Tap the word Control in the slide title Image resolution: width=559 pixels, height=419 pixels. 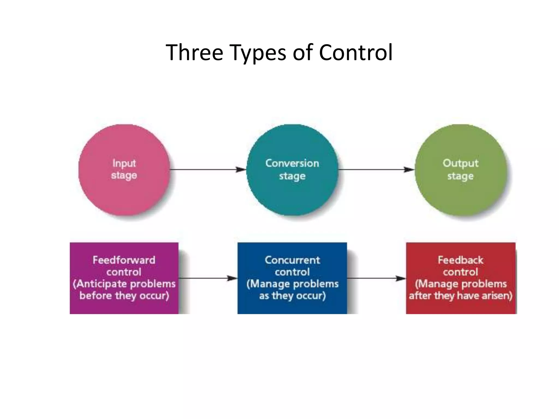(x=356, y=52)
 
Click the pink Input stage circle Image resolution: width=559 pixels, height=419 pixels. (x=124, y=191)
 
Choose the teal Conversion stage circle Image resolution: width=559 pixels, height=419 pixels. (x=292, y=194)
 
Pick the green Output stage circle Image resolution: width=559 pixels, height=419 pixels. (x=461, y=194)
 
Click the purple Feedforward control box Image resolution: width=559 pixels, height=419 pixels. (x=124, y=306)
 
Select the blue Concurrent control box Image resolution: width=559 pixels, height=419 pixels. (x=292, y=307)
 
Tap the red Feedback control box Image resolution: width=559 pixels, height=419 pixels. (x=461, y=307)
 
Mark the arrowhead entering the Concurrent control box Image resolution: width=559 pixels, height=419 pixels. (x=233, y=278)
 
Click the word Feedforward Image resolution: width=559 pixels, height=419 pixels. (x=124, y=260)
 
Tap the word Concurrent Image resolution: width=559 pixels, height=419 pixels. (x=292, y=260)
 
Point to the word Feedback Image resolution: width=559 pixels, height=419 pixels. (x=460, y=260)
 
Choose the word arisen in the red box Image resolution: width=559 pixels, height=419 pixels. (x=497, y=296)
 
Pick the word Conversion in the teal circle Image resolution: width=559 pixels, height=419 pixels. (x=292, y=163)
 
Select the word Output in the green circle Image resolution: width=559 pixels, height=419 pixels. (x=460, y=163)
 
